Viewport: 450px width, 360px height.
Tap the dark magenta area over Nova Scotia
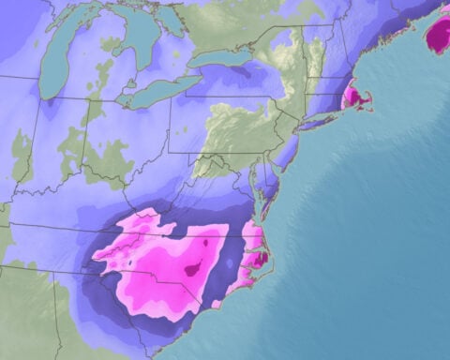(438, 35)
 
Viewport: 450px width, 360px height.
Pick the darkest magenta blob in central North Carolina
(194, 270)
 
